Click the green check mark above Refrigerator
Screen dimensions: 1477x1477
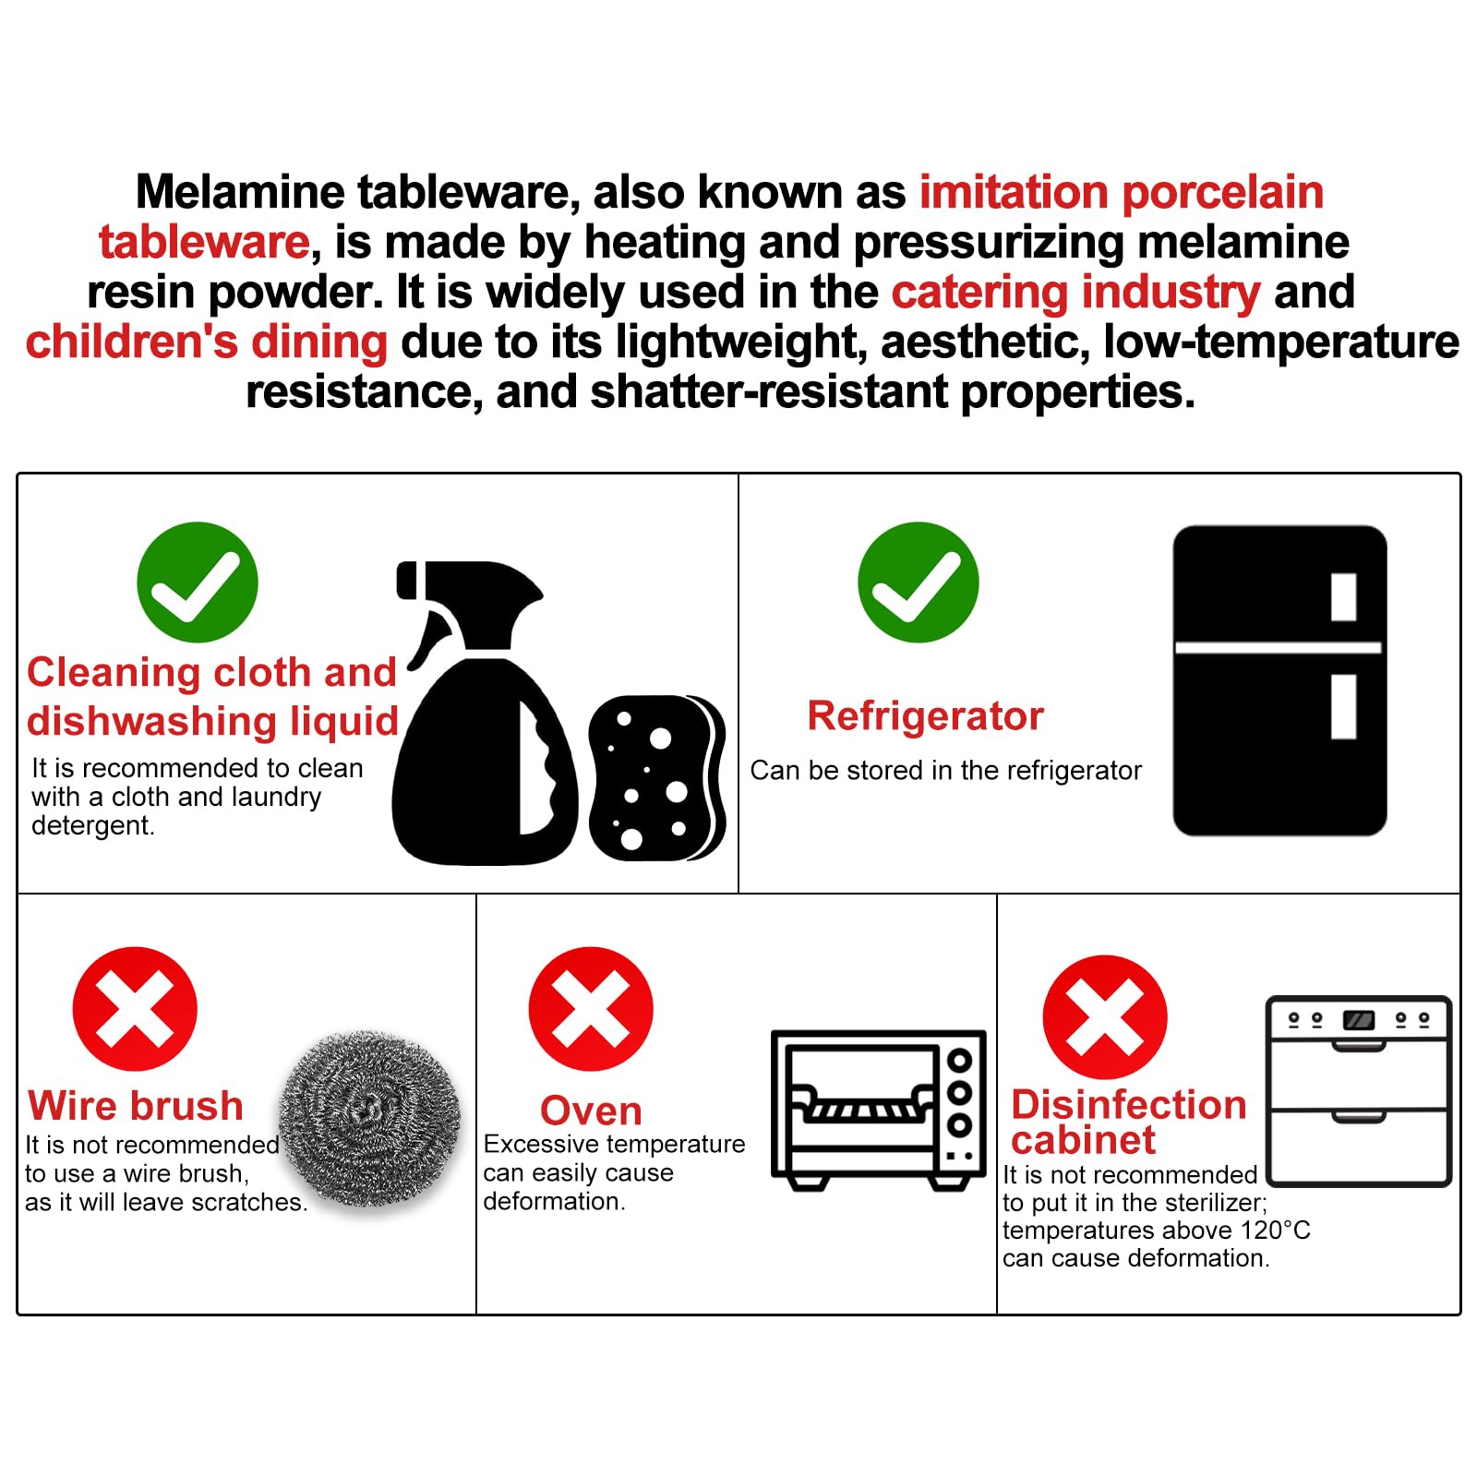pos(918,582)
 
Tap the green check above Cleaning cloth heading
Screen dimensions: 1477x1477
pos(197,582)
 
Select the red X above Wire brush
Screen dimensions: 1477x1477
pos(135,1009)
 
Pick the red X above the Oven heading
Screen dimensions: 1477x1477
pos(591,1009)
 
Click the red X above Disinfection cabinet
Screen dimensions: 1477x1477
pos(1105,1017)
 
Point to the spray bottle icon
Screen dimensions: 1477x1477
pos(480,713)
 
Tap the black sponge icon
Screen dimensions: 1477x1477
pos(656,778)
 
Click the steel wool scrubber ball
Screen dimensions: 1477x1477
pos(370,1119)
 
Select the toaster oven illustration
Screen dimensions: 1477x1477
pos(879,1110)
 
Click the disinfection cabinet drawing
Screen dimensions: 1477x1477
pos(1359,1091)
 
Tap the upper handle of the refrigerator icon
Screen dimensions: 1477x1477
pos(1343,597)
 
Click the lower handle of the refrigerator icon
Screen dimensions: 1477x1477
pos(1343,707)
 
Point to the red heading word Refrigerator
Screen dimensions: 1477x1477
pos(925,715)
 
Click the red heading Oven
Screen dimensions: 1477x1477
pos(591,1111)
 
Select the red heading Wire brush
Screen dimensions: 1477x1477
pos(136,1105)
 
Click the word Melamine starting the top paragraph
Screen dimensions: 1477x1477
pos(240,192)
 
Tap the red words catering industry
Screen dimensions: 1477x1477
pos(1075,293)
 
